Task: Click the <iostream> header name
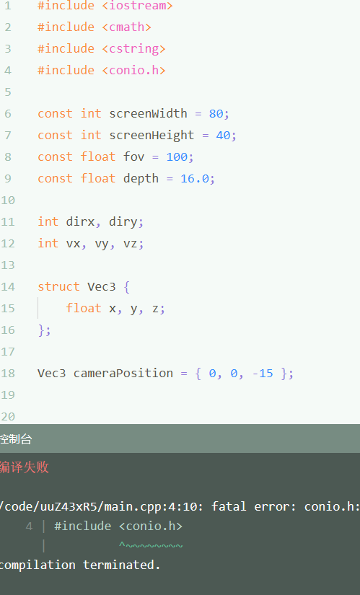(x=137, y=5)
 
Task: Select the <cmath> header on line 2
(x=126, y=27)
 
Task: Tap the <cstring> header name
(x=133, y=49)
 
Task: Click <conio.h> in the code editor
(x=133, y=70)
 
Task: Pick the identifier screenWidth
(x=148, y=113)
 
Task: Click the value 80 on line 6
(x=216, y=113)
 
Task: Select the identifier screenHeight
(x=152, y=136)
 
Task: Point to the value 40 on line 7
(x=224, y=135)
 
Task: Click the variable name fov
(x=133, y=157)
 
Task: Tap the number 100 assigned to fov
(x=177, y=157)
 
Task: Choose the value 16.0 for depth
(x=195, y=178)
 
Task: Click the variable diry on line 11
(x=123, y=221)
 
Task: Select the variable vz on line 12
(x=130, y=244)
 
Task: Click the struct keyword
(x=58, y=286)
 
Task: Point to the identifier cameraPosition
(x=123, y=374)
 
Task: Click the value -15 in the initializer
(x=263, y=374)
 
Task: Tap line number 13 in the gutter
(x=7, y=265)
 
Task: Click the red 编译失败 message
(x=24, y=467)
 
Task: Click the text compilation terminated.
(x=80, y=565)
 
